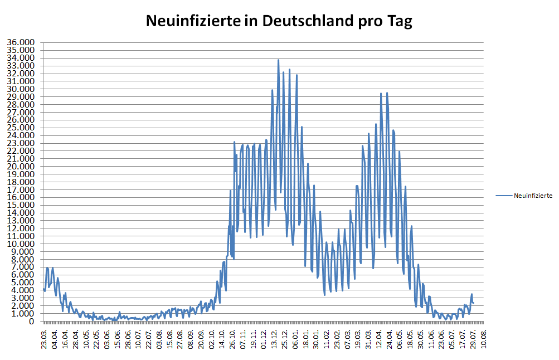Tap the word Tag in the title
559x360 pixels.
coord(399,21)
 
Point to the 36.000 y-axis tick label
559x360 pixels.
coord(21,42)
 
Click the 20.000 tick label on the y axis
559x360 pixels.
coord(21,167)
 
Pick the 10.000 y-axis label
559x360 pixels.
coord(21,244)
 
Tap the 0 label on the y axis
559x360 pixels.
coord(32,322)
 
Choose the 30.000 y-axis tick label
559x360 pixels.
coord(21,89)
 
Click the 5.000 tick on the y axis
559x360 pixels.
coord(23,283)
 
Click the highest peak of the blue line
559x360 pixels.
coord(278,60)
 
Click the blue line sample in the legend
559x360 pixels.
coord(503,196)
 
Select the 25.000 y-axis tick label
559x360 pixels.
coord(21,128)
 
